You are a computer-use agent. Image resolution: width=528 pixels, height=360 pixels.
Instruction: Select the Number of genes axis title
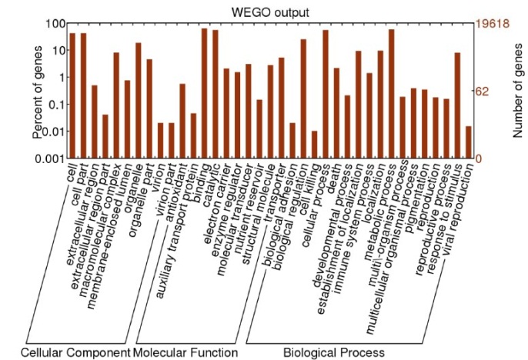(516, 91)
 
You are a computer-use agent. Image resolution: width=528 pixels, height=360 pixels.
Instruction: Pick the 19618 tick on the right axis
(490, 23)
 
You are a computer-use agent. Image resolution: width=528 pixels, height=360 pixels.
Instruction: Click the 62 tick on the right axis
(482, 91)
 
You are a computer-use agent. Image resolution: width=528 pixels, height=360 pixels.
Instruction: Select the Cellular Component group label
(75, 352)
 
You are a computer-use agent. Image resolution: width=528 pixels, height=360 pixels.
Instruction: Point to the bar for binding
(204, 93)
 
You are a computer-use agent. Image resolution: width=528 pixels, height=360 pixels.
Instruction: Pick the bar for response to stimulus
(457, 105)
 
